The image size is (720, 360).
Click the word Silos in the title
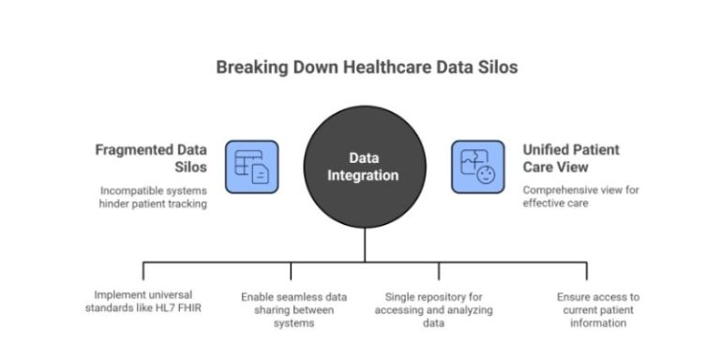tap(496, 67)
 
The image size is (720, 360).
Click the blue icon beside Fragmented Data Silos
tap(251, 167)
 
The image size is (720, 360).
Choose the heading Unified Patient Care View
tap(569, 157)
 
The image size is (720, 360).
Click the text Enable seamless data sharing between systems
tap(293, 310)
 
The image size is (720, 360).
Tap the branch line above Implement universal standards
tap(142, 270)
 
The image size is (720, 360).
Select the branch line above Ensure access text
tap(587, 270)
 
